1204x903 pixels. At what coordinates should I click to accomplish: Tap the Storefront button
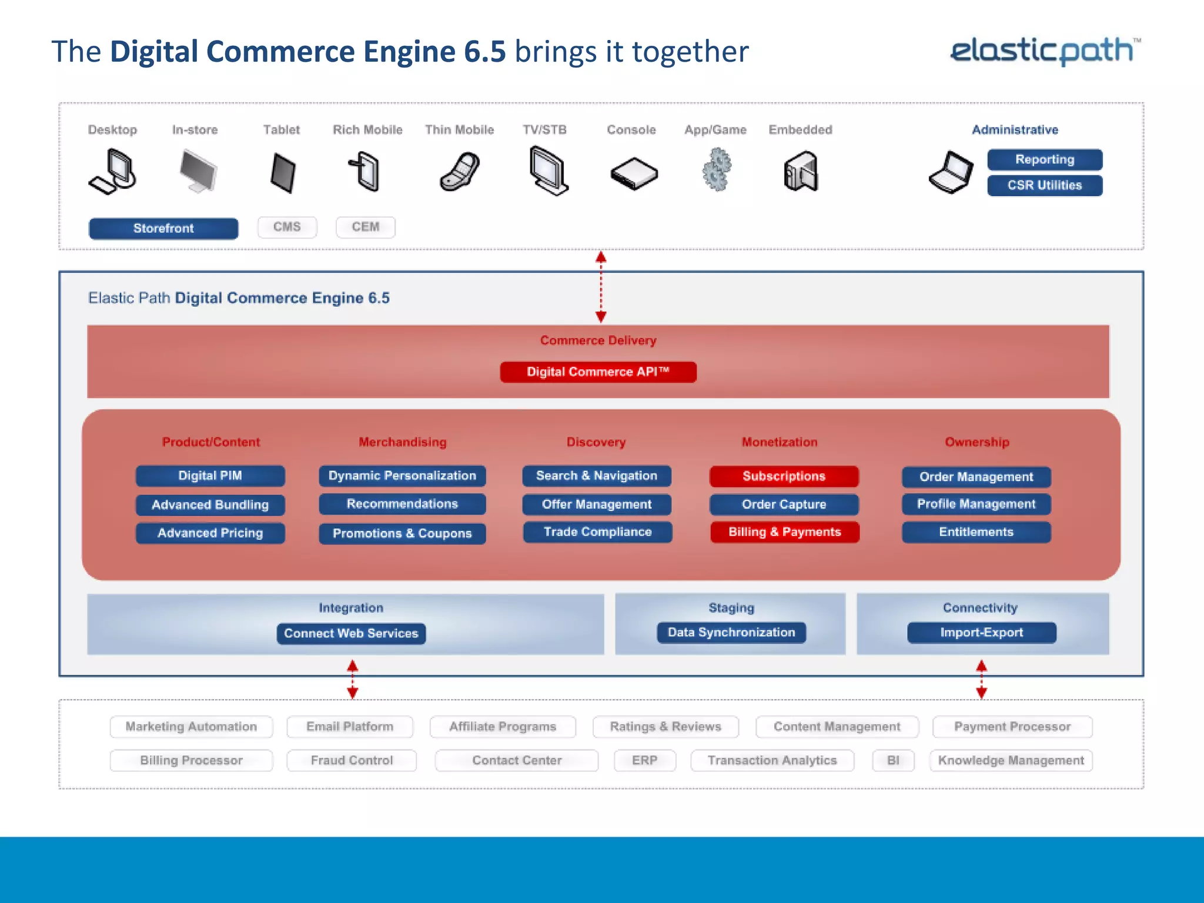coord(163,228)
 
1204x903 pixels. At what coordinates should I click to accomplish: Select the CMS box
coord(287,227)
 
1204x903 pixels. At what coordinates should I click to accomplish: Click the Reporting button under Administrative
coord(1044,159)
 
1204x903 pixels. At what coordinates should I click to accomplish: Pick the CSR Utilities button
coord(1044,185)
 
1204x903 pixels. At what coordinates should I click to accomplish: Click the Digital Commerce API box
coord(598,372)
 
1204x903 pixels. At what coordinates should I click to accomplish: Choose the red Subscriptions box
coord(784,476)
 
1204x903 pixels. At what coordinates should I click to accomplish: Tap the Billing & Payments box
coord(784,532)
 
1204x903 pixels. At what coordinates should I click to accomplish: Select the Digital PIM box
coord(210,476)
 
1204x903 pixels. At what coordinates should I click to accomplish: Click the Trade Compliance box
coord(597,532)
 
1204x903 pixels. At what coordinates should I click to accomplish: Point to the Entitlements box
coord(976,532)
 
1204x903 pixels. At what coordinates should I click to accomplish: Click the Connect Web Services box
coord(351,633)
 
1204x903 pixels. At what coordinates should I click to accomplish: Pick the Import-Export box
coord(981,633)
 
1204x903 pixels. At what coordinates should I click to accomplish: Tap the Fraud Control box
coord(352,760)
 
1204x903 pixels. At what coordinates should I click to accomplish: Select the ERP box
coord(644,760)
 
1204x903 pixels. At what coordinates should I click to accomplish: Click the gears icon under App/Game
coord(716,170)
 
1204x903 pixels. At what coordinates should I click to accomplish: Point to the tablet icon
coord(283,173)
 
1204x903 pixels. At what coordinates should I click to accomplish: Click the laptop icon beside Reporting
coord(951,173)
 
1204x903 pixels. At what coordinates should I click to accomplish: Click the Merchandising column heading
coord(403,442)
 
